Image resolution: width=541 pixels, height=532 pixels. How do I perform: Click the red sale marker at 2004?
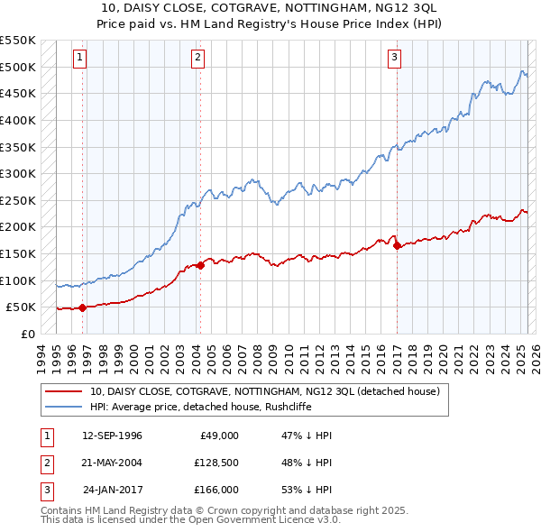[200, 265]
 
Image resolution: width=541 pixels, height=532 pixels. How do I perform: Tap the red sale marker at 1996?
[82, 307]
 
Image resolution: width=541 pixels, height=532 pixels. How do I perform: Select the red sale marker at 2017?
[398, 245]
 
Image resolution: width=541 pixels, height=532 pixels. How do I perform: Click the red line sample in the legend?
[63, 392]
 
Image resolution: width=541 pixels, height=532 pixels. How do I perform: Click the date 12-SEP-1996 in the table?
[112, 436]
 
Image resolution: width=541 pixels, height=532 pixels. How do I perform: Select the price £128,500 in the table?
[215, 463]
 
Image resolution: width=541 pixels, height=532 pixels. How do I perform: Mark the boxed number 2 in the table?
[46, 463]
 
